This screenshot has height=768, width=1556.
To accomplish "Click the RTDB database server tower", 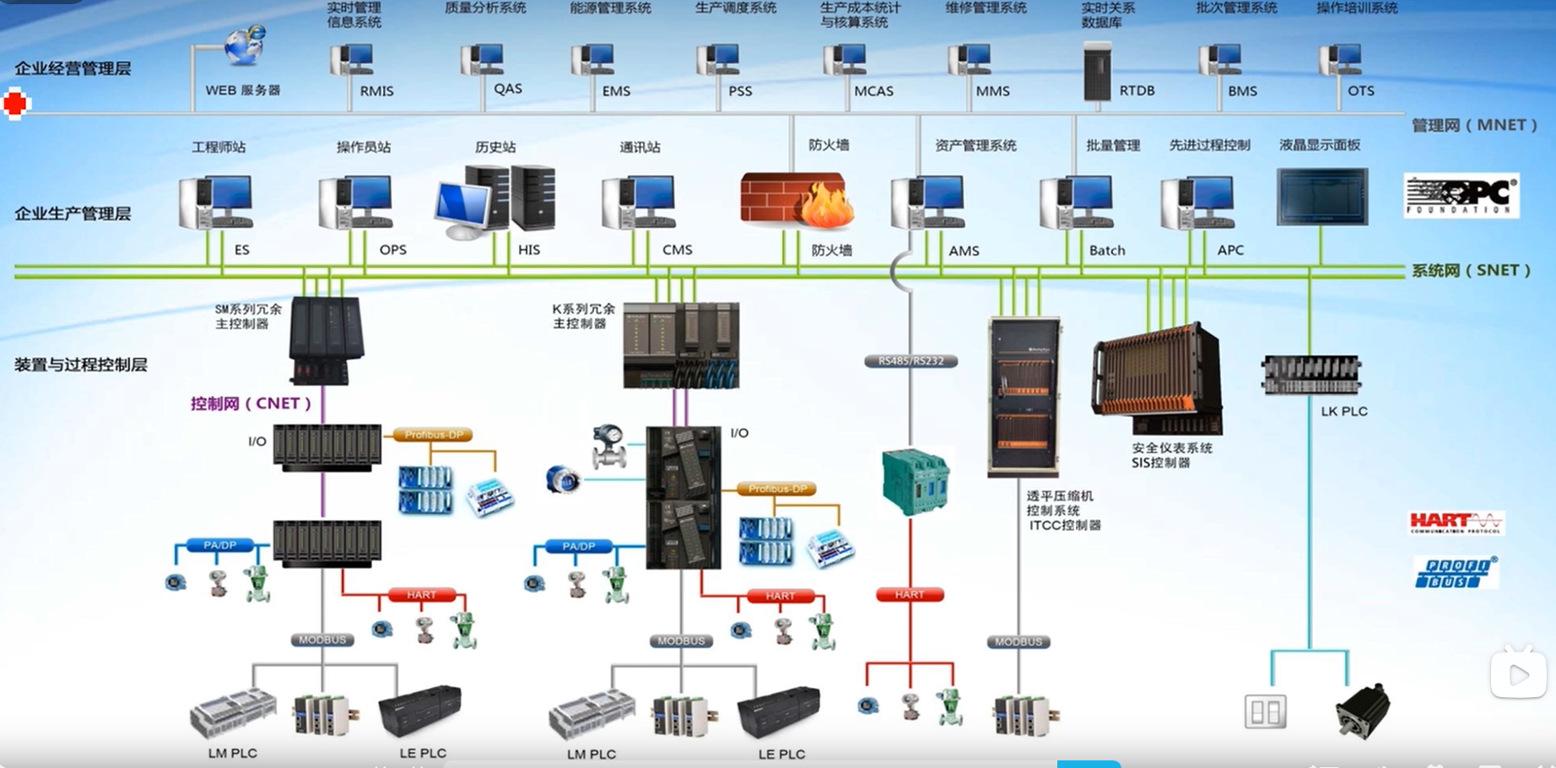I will [x=1097, y=73].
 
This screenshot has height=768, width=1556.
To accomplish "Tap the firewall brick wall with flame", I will [x=796, y=201].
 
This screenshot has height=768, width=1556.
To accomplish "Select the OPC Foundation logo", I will [x=1461, y=196].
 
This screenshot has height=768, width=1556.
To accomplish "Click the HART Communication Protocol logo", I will [x=1456, y=522].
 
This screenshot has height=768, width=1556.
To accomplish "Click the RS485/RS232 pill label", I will [x=910, y=361].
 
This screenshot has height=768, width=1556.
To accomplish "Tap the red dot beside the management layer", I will [x=15, y=104].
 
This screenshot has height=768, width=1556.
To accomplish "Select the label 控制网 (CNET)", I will [x=251, y=403].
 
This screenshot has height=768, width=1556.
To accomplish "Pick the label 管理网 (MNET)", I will [x=1474, y=125].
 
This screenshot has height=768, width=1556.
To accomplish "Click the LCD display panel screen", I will [x=1321, y=197].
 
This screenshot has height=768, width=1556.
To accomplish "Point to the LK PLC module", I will [x=1310, y=375].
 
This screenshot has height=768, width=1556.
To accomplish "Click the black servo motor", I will [x=1362, y=710].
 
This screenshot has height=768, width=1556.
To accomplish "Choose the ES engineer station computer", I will [x=216, y=202].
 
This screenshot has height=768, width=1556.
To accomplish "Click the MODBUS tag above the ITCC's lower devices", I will [x=1018, y=642].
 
